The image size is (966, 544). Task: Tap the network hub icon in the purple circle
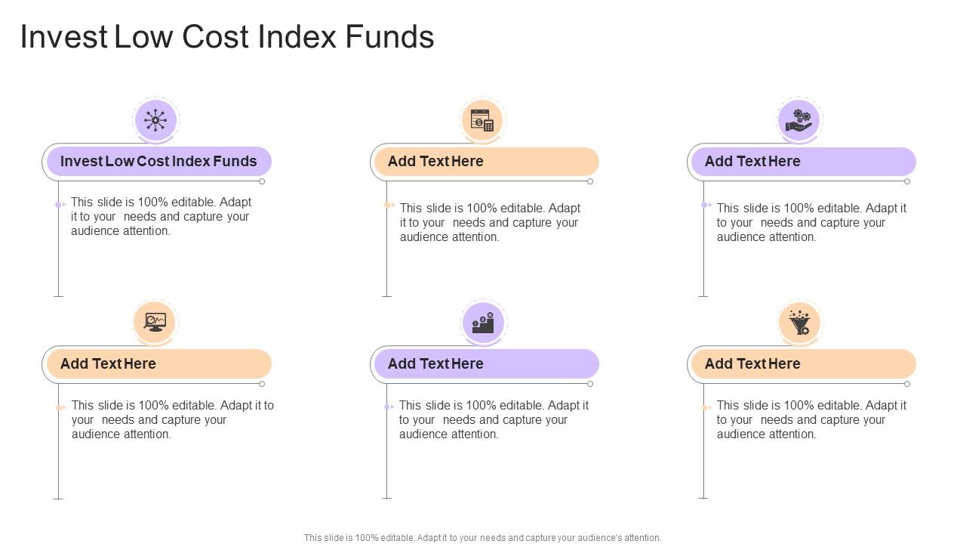tap(155, 120)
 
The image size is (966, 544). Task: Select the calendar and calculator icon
tap(482, 120)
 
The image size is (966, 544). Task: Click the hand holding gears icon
tap(799, 120)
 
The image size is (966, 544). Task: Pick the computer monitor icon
tap(155, 322)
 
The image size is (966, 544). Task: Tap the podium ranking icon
tap(482, 323)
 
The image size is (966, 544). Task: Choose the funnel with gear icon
tap(799, 323)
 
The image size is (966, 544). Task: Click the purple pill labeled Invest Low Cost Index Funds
tap(158, 162)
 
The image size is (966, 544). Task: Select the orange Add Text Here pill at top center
tap(486, 162)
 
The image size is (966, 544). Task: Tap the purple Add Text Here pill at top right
tap(803, 162)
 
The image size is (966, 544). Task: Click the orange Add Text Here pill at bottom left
tap(158, 364)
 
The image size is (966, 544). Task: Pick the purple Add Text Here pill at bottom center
tap(486, 364)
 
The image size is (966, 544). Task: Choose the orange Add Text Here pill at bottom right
tap(803, 364)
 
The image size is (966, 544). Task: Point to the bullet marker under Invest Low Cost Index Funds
tap(59, 205)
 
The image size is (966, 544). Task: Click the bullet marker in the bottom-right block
tap(705, 408)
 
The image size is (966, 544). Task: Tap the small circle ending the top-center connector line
tap(590, 181)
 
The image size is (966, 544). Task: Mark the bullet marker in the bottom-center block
tap(388, 407)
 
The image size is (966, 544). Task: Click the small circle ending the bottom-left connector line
tap(262, 384)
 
